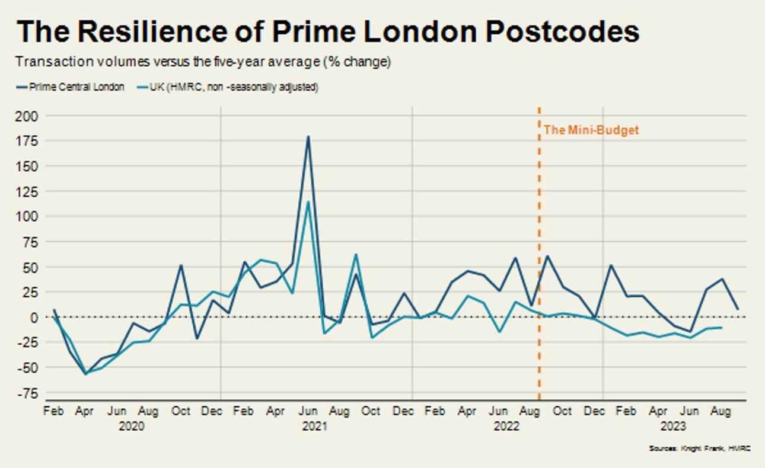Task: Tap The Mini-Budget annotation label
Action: (591, 130)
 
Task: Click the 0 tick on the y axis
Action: (34, 318)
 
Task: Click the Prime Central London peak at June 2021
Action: (308, 137)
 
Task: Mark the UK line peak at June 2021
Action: (308, 202)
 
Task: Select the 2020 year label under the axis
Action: (132, 426)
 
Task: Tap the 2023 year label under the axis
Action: (674, 426)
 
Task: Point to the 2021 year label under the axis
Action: (315, 426)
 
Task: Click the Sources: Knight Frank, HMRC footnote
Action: (700, 449)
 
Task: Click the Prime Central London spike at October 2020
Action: (181, 265)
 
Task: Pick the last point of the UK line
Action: (721, 328)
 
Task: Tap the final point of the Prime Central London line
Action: (737, 309)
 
